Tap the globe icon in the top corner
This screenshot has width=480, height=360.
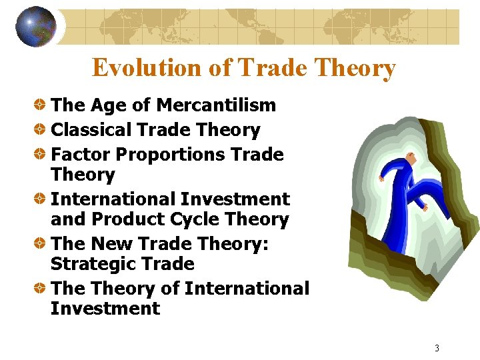click(x=36, y=27)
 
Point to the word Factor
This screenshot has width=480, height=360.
click(x=80, y=155)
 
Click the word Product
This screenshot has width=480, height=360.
click(x=131, y=219)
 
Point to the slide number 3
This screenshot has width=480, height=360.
click(x=437, y=348)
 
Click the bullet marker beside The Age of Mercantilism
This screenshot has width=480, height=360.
click(x=41, y=105)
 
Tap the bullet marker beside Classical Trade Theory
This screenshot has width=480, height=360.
click(x=41, y=130)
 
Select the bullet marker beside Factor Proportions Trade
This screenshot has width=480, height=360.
click(x=41, y=155)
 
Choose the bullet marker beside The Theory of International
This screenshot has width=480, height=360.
click(x=41, y=289)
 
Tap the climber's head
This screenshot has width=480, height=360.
click(x=412, y=160)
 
